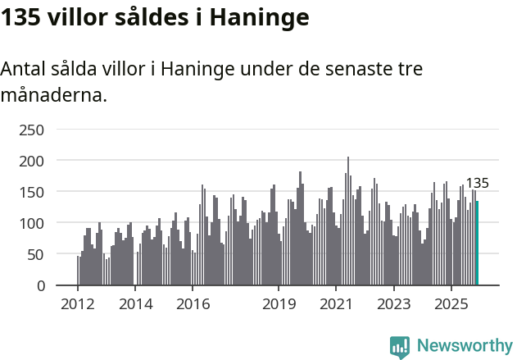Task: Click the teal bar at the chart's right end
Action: click(477, 244)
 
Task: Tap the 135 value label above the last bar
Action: click(477, 183)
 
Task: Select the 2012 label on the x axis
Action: click(78, 304)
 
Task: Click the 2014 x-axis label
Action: click(136, 304)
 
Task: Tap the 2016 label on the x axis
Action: click(193, 304)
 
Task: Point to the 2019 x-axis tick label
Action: click(279, 304)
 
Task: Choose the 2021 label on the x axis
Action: click(337, 304)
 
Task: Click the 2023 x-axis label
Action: click(394, 304)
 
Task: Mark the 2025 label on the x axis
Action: click(451, 304)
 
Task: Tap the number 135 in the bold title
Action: click(22, 17)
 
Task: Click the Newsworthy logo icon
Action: click(400, 347)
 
